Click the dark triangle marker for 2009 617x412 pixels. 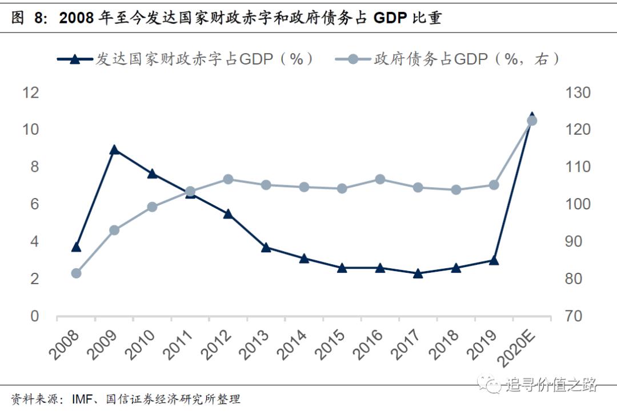point(114,150)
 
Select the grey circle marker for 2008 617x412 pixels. point(76,273)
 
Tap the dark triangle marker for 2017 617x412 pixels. point(418,273)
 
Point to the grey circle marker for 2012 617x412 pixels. point(228,179)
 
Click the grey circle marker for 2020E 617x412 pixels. point(531,120)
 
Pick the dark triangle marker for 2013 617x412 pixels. point(266,247)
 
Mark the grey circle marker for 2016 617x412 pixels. point(380,179)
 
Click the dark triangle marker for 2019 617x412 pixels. point(494,260)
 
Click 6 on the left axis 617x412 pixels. point(34,204)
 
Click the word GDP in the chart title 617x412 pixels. point(390,19)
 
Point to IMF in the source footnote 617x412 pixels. point(82,399)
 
